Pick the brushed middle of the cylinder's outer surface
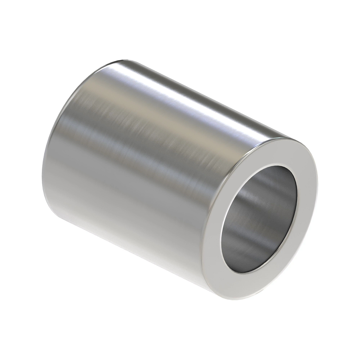pos(144,150)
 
